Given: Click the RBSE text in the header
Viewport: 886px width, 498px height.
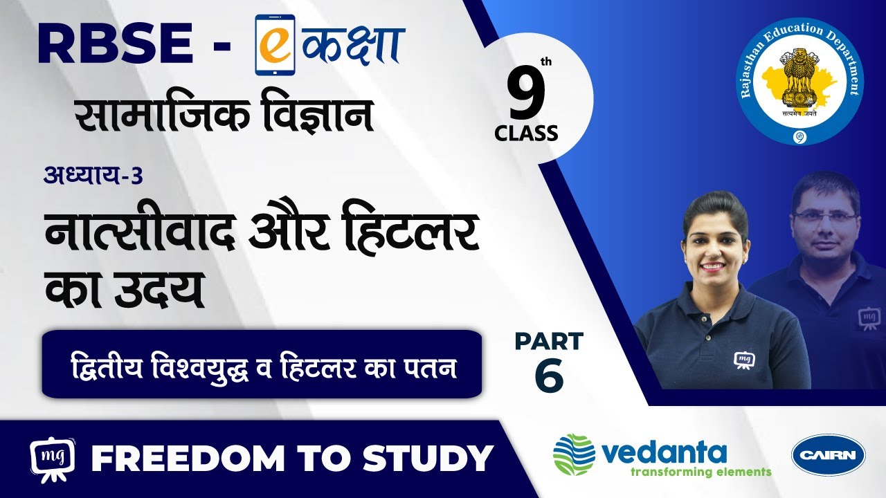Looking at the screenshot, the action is point(116,44).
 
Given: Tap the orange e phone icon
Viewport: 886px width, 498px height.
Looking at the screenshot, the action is point(275,45).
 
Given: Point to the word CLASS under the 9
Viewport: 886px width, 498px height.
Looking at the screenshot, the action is point(526,133).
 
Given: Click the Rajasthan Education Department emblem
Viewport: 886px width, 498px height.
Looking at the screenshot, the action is point(801,82).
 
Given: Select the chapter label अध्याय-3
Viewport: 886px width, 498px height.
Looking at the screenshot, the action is point(93,175).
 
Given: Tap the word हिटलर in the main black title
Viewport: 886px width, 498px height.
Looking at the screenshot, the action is point(411,230).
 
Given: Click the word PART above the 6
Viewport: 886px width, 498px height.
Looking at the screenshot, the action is point(549,342).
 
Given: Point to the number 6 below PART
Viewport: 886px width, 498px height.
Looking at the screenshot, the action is point(549,375).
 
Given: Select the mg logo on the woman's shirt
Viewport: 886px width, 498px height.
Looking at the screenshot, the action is point(744,360).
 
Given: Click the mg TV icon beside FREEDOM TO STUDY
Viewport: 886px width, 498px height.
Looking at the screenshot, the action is point(53,459).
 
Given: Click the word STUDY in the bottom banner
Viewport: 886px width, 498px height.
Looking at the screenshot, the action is point(428,459).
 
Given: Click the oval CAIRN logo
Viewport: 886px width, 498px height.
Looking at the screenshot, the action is point(829,454).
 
